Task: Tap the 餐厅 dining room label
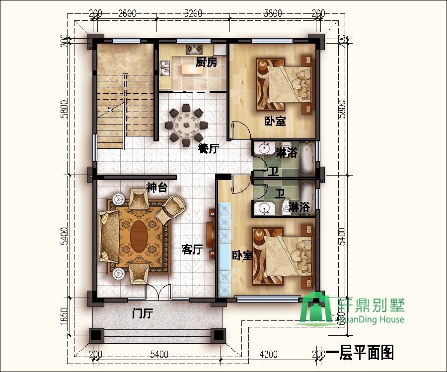coord(208,148)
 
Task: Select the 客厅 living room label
coord(192,249)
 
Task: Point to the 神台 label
coord(156,187)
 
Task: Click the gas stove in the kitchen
coord(193,49)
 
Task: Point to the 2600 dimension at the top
coord(128,13)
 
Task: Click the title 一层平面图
coord(360,353)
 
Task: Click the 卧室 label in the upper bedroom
coord(274,121)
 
